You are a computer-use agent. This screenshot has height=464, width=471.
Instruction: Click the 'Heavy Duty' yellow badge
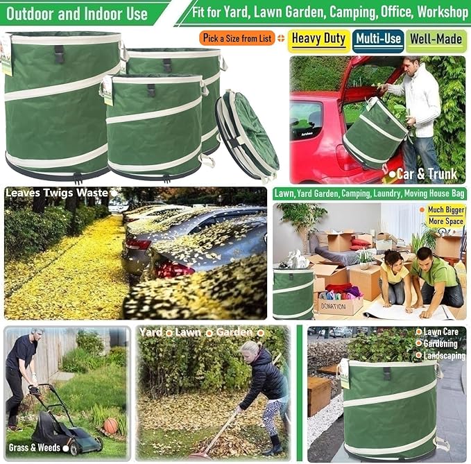[318, 38]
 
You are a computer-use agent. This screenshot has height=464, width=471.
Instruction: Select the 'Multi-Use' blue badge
[378, 40]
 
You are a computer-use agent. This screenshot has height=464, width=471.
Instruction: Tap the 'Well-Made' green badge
[436, 40]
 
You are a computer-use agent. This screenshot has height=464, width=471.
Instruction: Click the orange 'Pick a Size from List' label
[237, 38]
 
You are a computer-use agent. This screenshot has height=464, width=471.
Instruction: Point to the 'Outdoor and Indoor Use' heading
[78, 13]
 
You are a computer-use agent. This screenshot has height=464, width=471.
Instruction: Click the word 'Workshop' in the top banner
[438, 12]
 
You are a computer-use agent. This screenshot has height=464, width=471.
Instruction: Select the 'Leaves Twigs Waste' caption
[57, 192]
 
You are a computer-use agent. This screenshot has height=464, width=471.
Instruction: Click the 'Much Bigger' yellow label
[445, 209]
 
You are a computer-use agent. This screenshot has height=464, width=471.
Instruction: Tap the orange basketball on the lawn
[111, 426]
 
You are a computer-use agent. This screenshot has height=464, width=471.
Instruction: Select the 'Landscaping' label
[444, 356]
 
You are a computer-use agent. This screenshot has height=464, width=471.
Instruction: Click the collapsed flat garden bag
[248, 135]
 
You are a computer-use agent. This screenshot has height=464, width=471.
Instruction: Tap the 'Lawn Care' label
[440, 332]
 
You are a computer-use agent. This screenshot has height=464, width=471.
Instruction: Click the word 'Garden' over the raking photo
[234, 332]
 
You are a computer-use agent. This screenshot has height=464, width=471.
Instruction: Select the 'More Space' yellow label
[445, 221]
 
